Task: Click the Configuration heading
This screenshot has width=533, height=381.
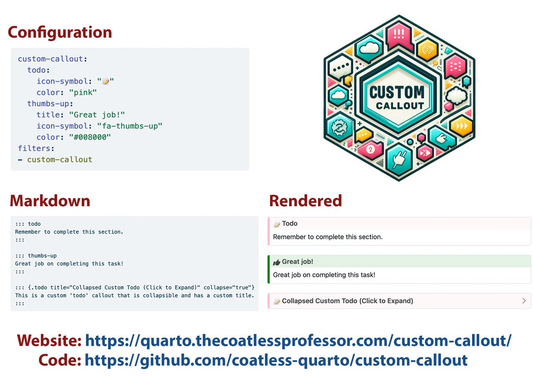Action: tap(60, 32)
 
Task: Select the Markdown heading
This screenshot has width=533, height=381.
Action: tap(50, 201)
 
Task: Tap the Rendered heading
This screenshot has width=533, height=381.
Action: tap(306, 201)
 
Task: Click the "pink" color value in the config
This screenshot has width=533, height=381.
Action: tap(83, 92)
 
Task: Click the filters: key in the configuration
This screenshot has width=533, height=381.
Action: tap(36, 148)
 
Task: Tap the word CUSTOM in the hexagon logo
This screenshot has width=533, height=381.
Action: tap(397, 92)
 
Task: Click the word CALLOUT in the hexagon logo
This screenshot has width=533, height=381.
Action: tap(400, 106)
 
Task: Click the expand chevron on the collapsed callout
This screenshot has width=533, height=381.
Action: tap(524, 301)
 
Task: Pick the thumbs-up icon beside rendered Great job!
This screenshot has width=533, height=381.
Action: tap(276, 262)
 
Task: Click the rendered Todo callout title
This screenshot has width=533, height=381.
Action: tap(290, 224)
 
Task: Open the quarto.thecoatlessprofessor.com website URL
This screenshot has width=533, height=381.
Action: tap(298, 341)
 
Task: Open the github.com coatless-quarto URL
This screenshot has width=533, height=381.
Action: tap(276, 360)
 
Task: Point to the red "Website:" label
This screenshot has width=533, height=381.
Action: tap(49, 341)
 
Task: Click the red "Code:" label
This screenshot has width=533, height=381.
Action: tap(60, 360)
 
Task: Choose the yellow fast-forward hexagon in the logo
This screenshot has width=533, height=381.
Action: tap(462, 126)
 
